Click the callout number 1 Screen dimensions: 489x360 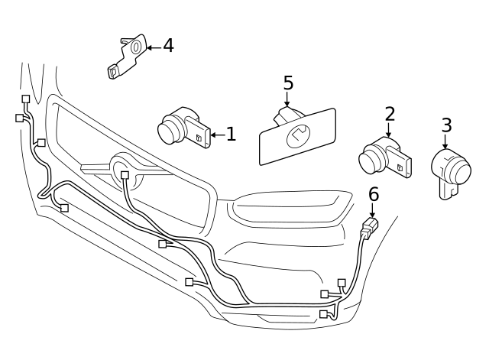pos(231,135)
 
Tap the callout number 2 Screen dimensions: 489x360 pos(390,114)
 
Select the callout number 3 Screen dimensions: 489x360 pos(446,125)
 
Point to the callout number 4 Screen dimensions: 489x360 pos(168,46)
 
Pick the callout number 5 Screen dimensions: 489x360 pos(289,83)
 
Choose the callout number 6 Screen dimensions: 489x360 pos(374,194)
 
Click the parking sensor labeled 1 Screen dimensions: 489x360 pos(183,128)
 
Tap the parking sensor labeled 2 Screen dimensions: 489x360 pos(384,157)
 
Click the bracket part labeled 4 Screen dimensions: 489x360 pos(125,57)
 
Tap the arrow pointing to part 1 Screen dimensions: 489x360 pos(218,135)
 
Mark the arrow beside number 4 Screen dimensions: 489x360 pos(154,47)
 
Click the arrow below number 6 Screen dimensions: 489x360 pos(372,209)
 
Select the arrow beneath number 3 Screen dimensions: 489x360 pos(445,141)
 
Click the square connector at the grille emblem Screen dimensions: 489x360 pos(125,175)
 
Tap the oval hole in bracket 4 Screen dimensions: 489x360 pos(136,47)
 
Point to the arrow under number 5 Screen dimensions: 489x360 pos(287,99)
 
